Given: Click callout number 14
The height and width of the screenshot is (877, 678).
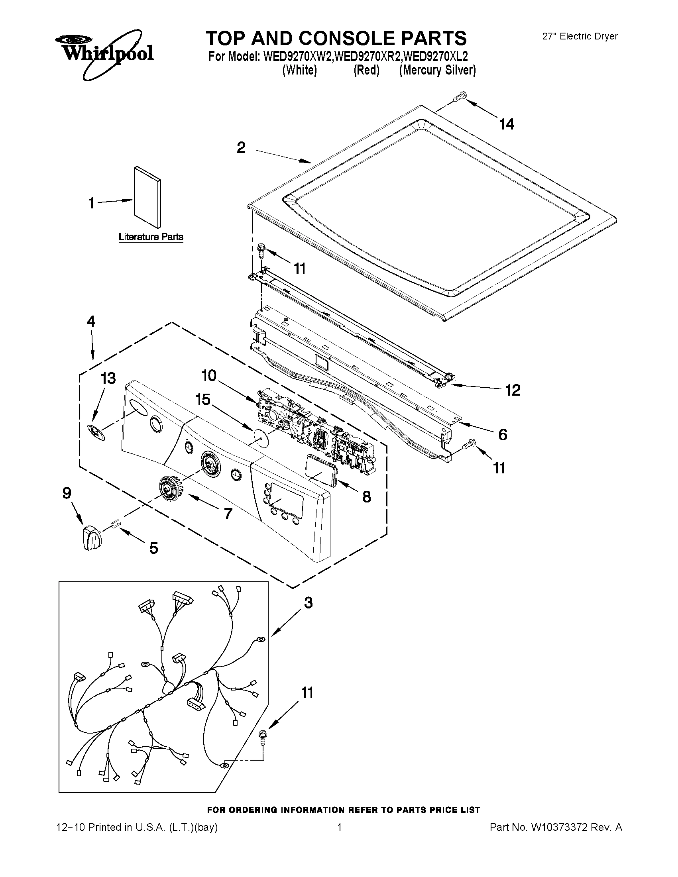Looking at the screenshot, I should click(507, 124).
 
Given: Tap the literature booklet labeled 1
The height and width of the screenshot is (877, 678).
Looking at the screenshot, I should click(147, 197).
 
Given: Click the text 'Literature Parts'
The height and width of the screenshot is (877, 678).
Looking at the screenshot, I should click(151, 237).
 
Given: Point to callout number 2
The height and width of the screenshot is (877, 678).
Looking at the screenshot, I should click(241, 148).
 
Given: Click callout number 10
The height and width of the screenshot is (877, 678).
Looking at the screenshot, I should click(209, 376).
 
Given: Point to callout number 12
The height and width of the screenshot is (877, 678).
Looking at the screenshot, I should click(513, 390).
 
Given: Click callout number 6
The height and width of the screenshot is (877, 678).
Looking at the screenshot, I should click(503, 434).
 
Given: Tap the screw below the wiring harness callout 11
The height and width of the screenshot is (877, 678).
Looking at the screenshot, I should click(263, 738).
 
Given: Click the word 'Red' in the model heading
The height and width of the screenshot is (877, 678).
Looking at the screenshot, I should click(366, 70).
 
